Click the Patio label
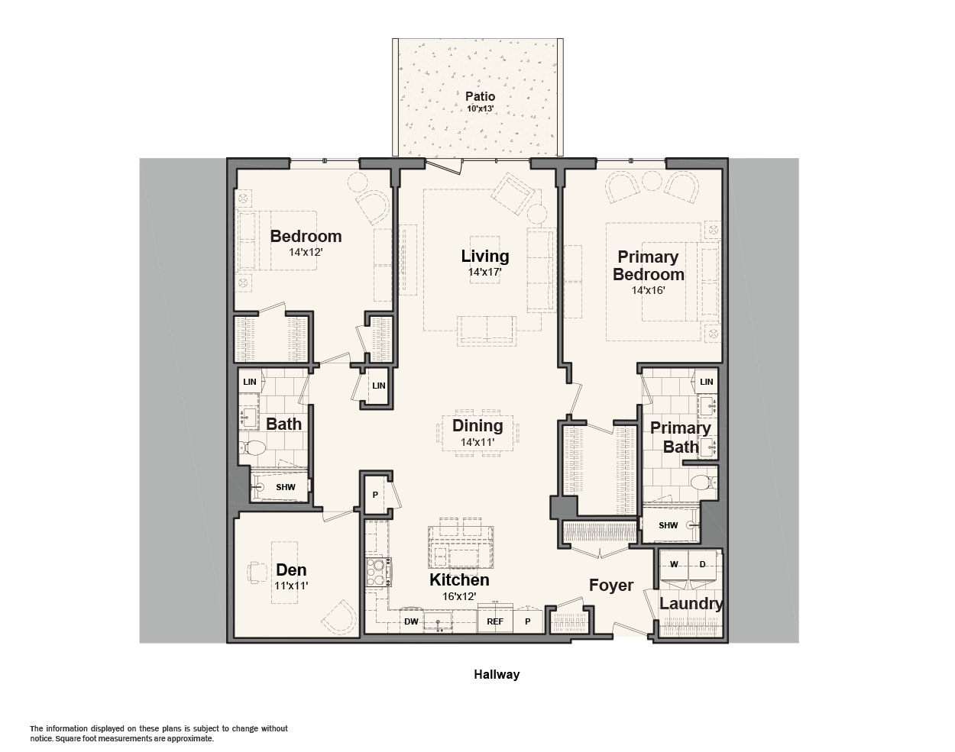(x=480, y=96)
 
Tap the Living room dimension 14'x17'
(x=484, y=272)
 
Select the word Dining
(x=477, y=426)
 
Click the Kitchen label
(x=459, y=580)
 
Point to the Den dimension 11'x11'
(x=291, y=586)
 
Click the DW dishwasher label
(x=411, y=621)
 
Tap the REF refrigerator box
(x=495, y=618)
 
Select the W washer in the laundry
(x=674, y=565)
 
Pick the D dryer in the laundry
(x=702, y=565)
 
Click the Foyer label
(x=611, y=586)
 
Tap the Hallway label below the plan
(x=497, y=675)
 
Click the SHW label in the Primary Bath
(x=668, y=525)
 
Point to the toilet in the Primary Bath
(x=704, y=482)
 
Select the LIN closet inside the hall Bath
(x=250, y=381)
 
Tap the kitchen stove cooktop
(x=377, y=572)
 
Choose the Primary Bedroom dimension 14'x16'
(x=649, y=290)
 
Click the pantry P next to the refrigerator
(x=528, y=621)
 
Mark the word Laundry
(x=691, y=603)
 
